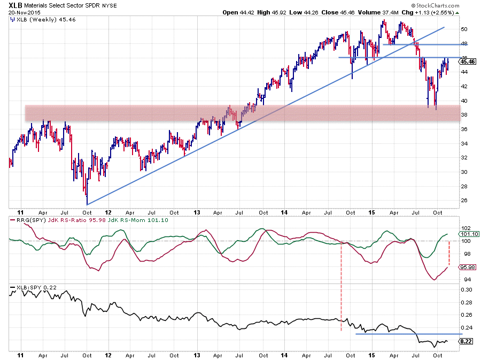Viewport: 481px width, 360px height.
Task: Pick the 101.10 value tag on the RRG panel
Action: tap(464, 234)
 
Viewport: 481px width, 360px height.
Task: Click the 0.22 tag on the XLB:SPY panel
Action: tap(463, 341)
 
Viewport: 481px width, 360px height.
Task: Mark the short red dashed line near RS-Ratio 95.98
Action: tap(449, 253)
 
